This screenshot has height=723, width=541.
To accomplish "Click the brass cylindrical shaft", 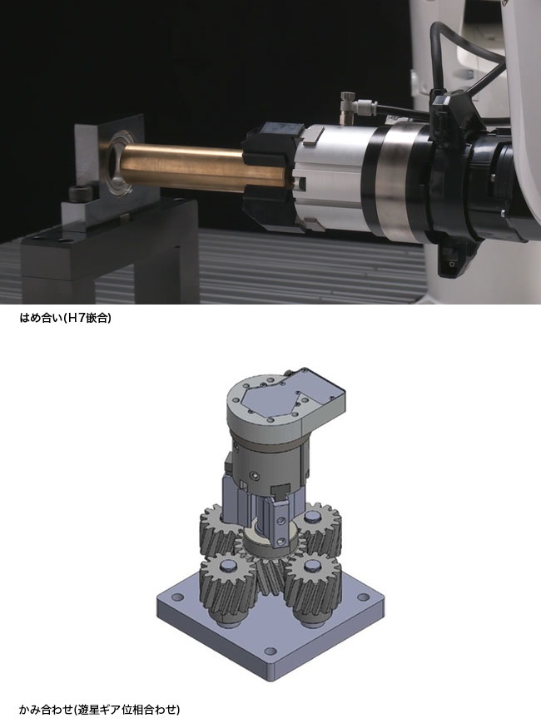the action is click(x=185, y=167).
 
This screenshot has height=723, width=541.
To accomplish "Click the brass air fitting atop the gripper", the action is click(x=346, y=107).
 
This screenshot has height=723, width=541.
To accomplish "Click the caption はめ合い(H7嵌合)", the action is click(x=65, y=318).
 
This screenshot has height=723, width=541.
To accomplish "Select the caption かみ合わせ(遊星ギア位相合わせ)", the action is click(x=100, y=709).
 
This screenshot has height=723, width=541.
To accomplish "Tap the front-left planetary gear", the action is click(x=228, y=587).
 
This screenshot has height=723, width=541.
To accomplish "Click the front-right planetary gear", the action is click(x=313, y=589).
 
